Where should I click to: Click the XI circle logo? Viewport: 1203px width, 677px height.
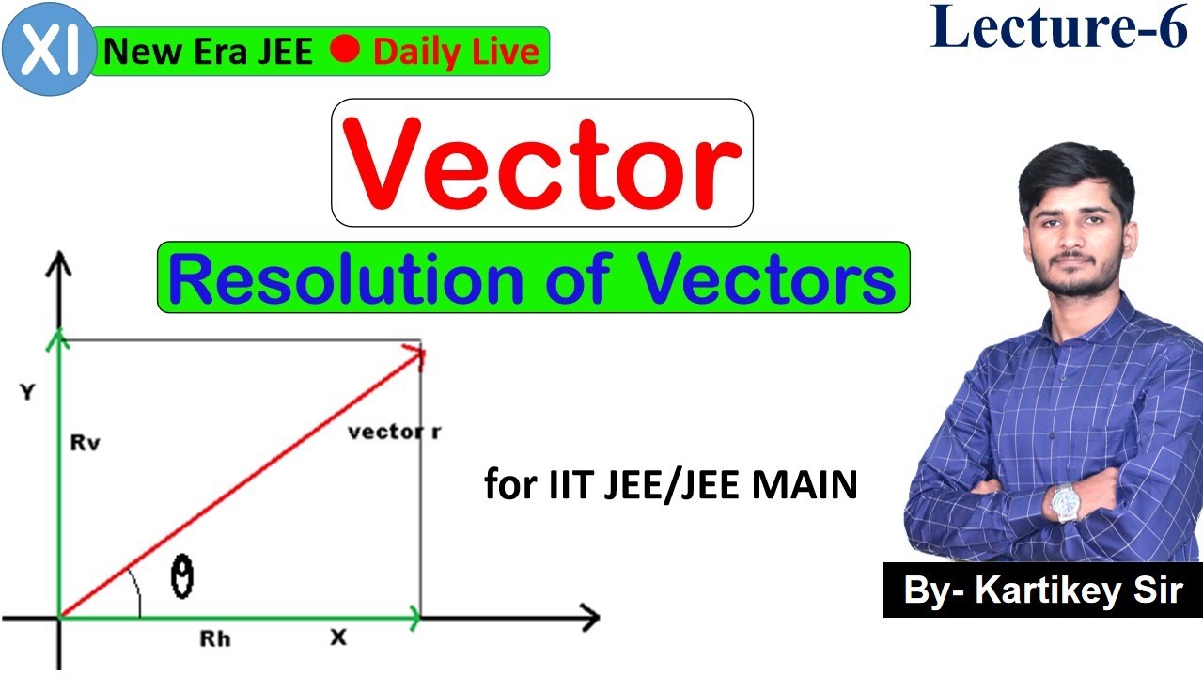pos(49,49)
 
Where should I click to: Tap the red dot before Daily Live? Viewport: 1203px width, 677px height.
pos(345,51)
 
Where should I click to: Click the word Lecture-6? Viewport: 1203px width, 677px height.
pos(1059,28)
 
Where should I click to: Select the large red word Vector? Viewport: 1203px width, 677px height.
pos(541,163)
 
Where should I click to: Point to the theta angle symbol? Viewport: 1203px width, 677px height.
pos(181,575)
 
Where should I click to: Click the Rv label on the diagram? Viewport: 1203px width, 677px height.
pos(85,442)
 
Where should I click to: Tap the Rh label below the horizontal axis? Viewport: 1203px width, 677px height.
pos(215,639)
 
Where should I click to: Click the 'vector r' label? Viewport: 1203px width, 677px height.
pos(394,433)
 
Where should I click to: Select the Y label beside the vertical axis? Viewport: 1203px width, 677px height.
pos(27,392)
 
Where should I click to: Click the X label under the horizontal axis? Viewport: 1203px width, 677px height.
pos(338,638)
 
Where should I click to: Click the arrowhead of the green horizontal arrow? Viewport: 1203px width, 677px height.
pos(413,617)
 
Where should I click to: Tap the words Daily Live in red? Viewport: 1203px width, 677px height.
pos(456,52)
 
